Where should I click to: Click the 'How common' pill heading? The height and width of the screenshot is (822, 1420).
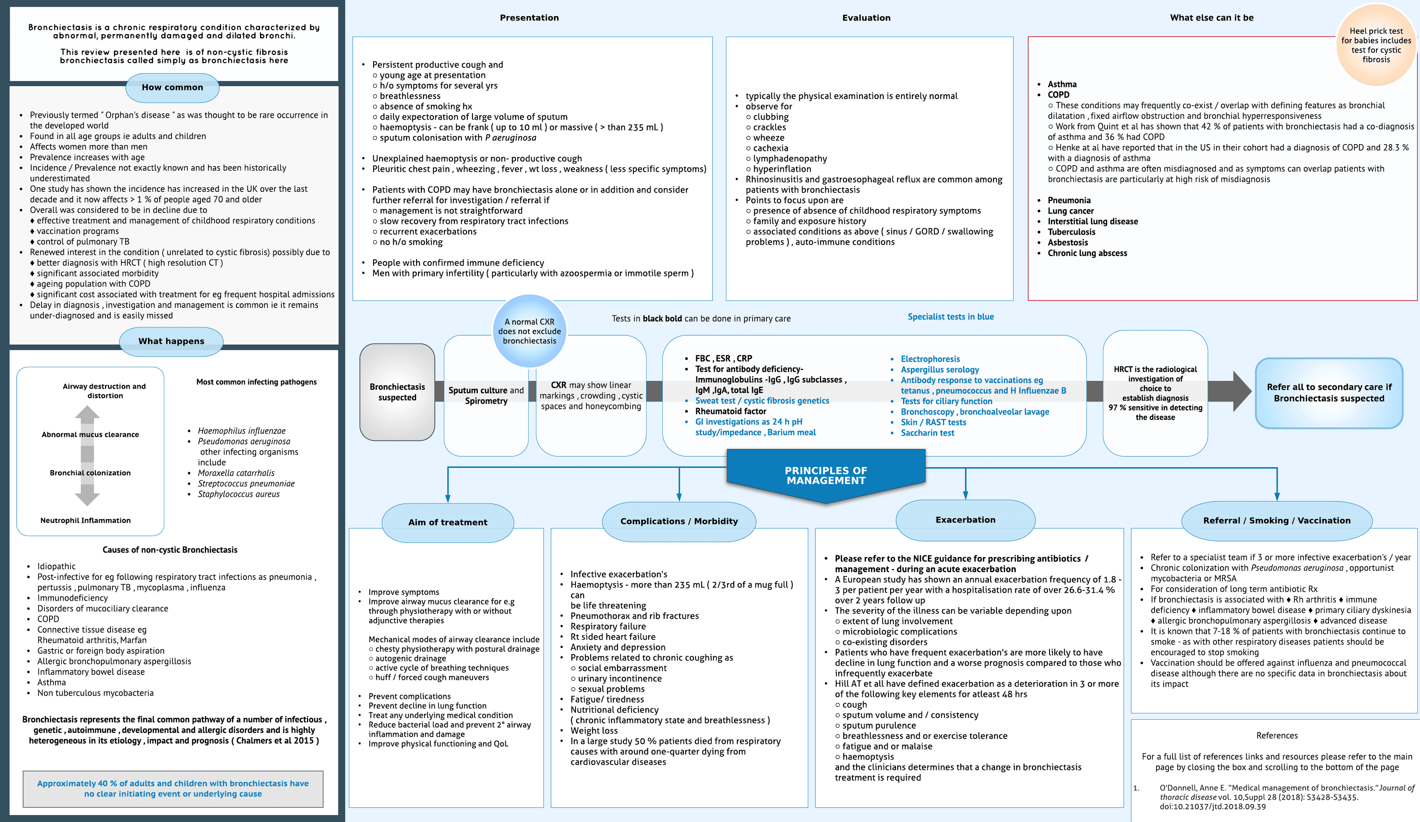pos(172,87)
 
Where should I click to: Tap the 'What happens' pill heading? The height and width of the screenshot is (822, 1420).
pos(171,341)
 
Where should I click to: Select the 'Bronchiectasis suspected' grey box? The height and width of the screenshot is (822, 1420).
pos(397,392)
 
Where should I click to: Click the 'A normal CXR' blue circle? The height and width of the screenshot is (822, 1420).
pos(529,331)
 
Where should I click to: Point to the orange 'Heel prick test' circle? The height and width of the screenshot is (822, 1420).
pos(1376,45)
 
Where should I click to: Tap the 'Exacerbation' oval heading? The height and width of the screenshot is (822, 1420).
pos(965,520)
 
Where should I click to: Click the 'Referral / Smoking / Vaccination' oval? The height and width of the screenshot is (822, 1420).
pos(1276,521)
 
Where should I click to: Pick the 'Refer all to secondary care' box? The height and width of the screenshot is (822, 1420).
pos(1329,393)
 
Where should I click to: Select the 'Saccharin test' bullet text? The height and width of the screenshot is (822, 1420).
pos(927,433)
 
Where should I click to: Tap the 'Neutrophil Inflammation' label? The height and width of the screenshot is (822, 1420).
pos(86,521)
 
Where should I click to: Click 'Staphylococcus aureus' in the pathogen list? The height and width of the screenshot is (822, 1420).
pos(239,494)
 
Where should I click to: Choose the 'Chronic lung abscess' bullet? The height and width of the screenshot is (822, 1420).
pos(1087,253)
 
